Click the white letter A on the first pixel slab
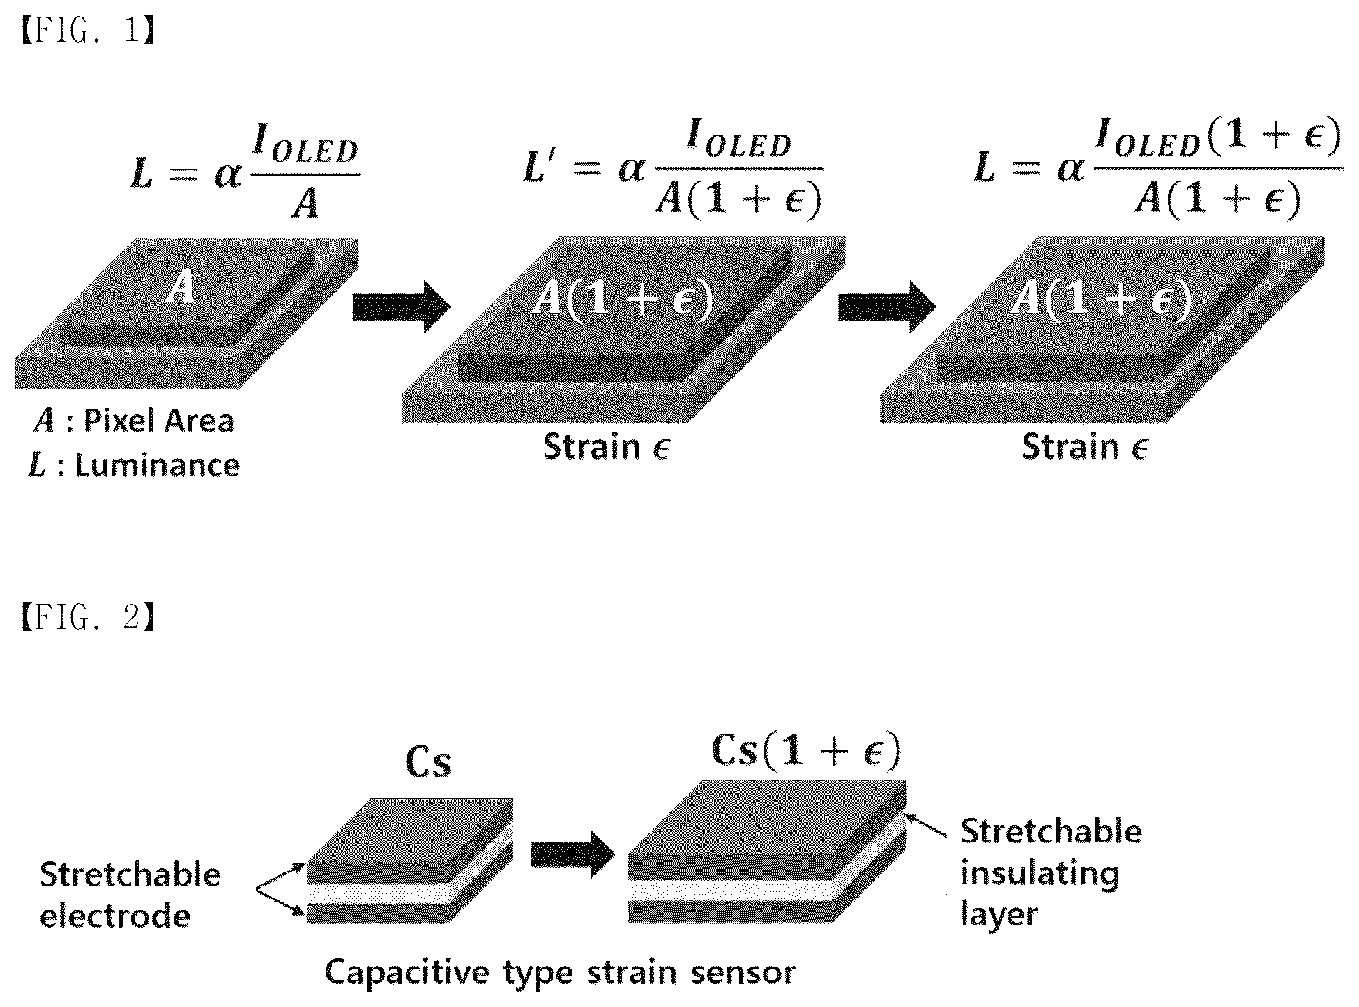(x=181, y=288)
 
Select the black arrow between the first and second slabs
(x=401, y=307)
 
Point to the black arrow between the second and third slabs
(x=886, y=307)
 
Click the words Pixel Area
(x=159, y=421)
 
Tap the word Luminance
(x=158, y=465)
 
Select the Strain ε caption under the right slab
(x=1085, y=446)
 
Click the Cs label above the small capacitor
(x=428, y=762)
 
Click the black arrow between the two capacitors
(x=572, y=854)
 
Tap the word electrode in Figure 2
(x=115, y=916)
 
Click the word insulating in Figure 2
(x=1040, y=874)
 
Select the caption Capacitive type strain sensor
(x=560, y=973)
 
